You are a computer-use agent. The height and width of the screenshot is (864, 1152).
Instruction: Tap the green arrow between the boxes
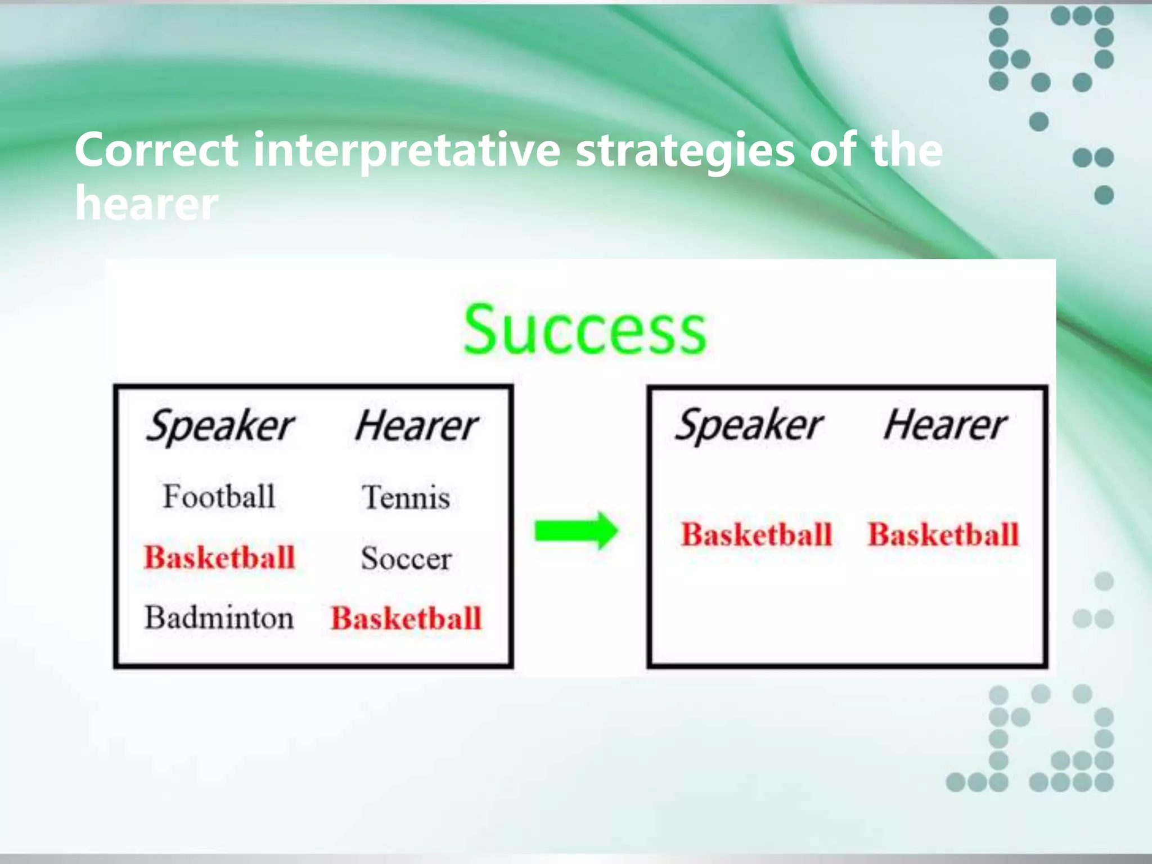point(576,530)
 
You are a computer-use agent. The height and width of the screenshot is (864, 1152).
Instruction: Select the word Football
point(219,497)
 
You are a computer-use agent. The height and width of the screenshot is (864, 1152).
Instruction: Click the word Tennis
point(406,498)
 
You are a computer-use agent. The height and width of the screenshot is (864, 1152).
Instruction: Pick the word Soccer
point(406,559)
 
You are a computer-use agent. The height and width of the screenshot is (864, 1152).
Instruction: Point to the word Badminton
point(219,618)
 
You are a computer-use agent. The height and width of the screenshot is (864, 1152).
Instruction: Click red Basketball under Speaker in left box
point(219,557)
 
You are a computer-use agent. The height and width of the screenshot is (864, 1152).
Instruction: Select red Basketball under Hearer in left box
point(406,618)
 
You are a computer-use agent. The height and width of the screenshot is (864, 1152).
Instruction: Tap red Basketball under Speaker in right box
point(756,534)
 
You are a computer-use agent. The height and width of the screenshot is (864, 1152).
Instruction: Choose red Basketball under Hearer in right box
point(943,534)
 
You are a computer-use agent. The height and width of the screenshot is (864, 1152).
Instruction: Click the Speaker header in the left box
point(219,426)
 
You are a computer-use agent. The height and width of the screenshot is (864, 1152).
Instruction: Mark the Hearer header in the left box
point(416,426)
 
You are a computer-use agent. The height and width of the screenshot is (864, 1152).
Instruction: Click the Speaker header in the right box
point(748,426)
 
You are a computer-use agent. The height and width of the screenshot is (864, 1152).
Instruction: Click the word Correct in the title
point(156,150)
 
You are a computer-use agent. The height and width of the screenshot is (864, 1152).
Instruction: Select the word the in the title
point(906,150)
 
